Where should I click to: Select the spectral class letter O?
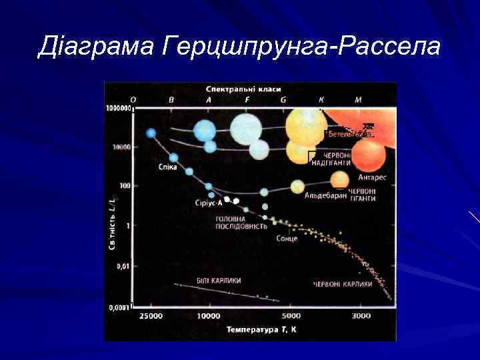(133, 99)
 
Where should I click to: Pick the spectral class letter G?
(283, 99)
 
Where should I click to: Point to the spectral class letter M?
(358, 99)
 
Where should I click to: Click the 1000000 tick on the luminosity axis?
(118, 107)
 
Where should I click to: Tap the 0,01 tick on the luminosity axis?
(121, 266)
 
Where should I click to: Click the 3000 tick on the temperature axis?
(361, 315)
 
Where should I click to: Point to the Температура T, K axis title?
(261, 329)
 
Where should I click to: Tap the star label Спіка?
(167, 167)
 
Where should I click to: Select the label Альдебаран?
(325, 195)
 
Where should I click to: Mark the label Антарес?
(372, 177)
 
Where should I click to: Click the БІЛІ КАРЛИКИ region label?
(218, 280)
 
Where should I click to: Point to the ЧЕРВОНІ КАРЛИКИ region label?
(342, 284)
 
